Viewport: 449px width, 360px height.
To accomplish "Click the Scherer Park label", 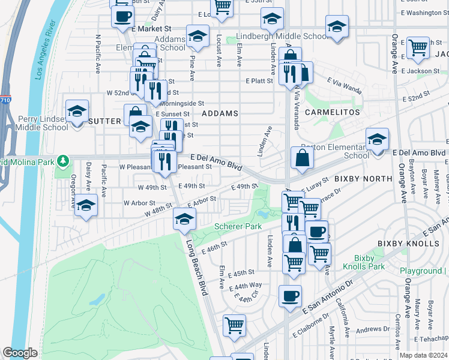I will [x=237, y=226].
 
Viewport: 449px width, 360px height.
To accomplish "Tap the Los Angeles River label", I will [x=45, y=50].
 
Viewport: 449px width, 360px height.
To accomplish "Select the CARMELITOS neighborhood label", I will [x=332, y=112].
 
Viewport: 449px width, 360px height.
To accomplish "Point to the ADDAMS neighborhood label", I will [x=220, y=113].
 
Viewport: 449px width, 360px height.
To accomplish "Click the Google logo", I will [x=20, y=353].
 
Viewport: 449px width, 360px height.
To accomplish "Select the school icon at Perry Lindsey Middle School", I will [x=77, y=112].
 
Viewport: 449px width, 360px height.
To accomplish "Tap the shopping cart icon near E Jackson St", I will [x=418, y=47].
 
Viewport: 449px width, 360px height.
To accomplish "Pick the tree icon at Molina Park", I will [x=63, y=161].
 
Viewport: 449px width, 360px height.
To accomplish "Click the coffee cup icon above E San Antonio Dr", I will [x=291, y=296].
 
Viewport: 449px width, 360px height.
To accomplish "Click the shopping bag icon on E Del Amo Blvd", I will [x=303, y=158].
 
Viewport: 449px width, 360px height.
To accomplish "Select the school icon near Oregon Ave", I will [x=86, y=207].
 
